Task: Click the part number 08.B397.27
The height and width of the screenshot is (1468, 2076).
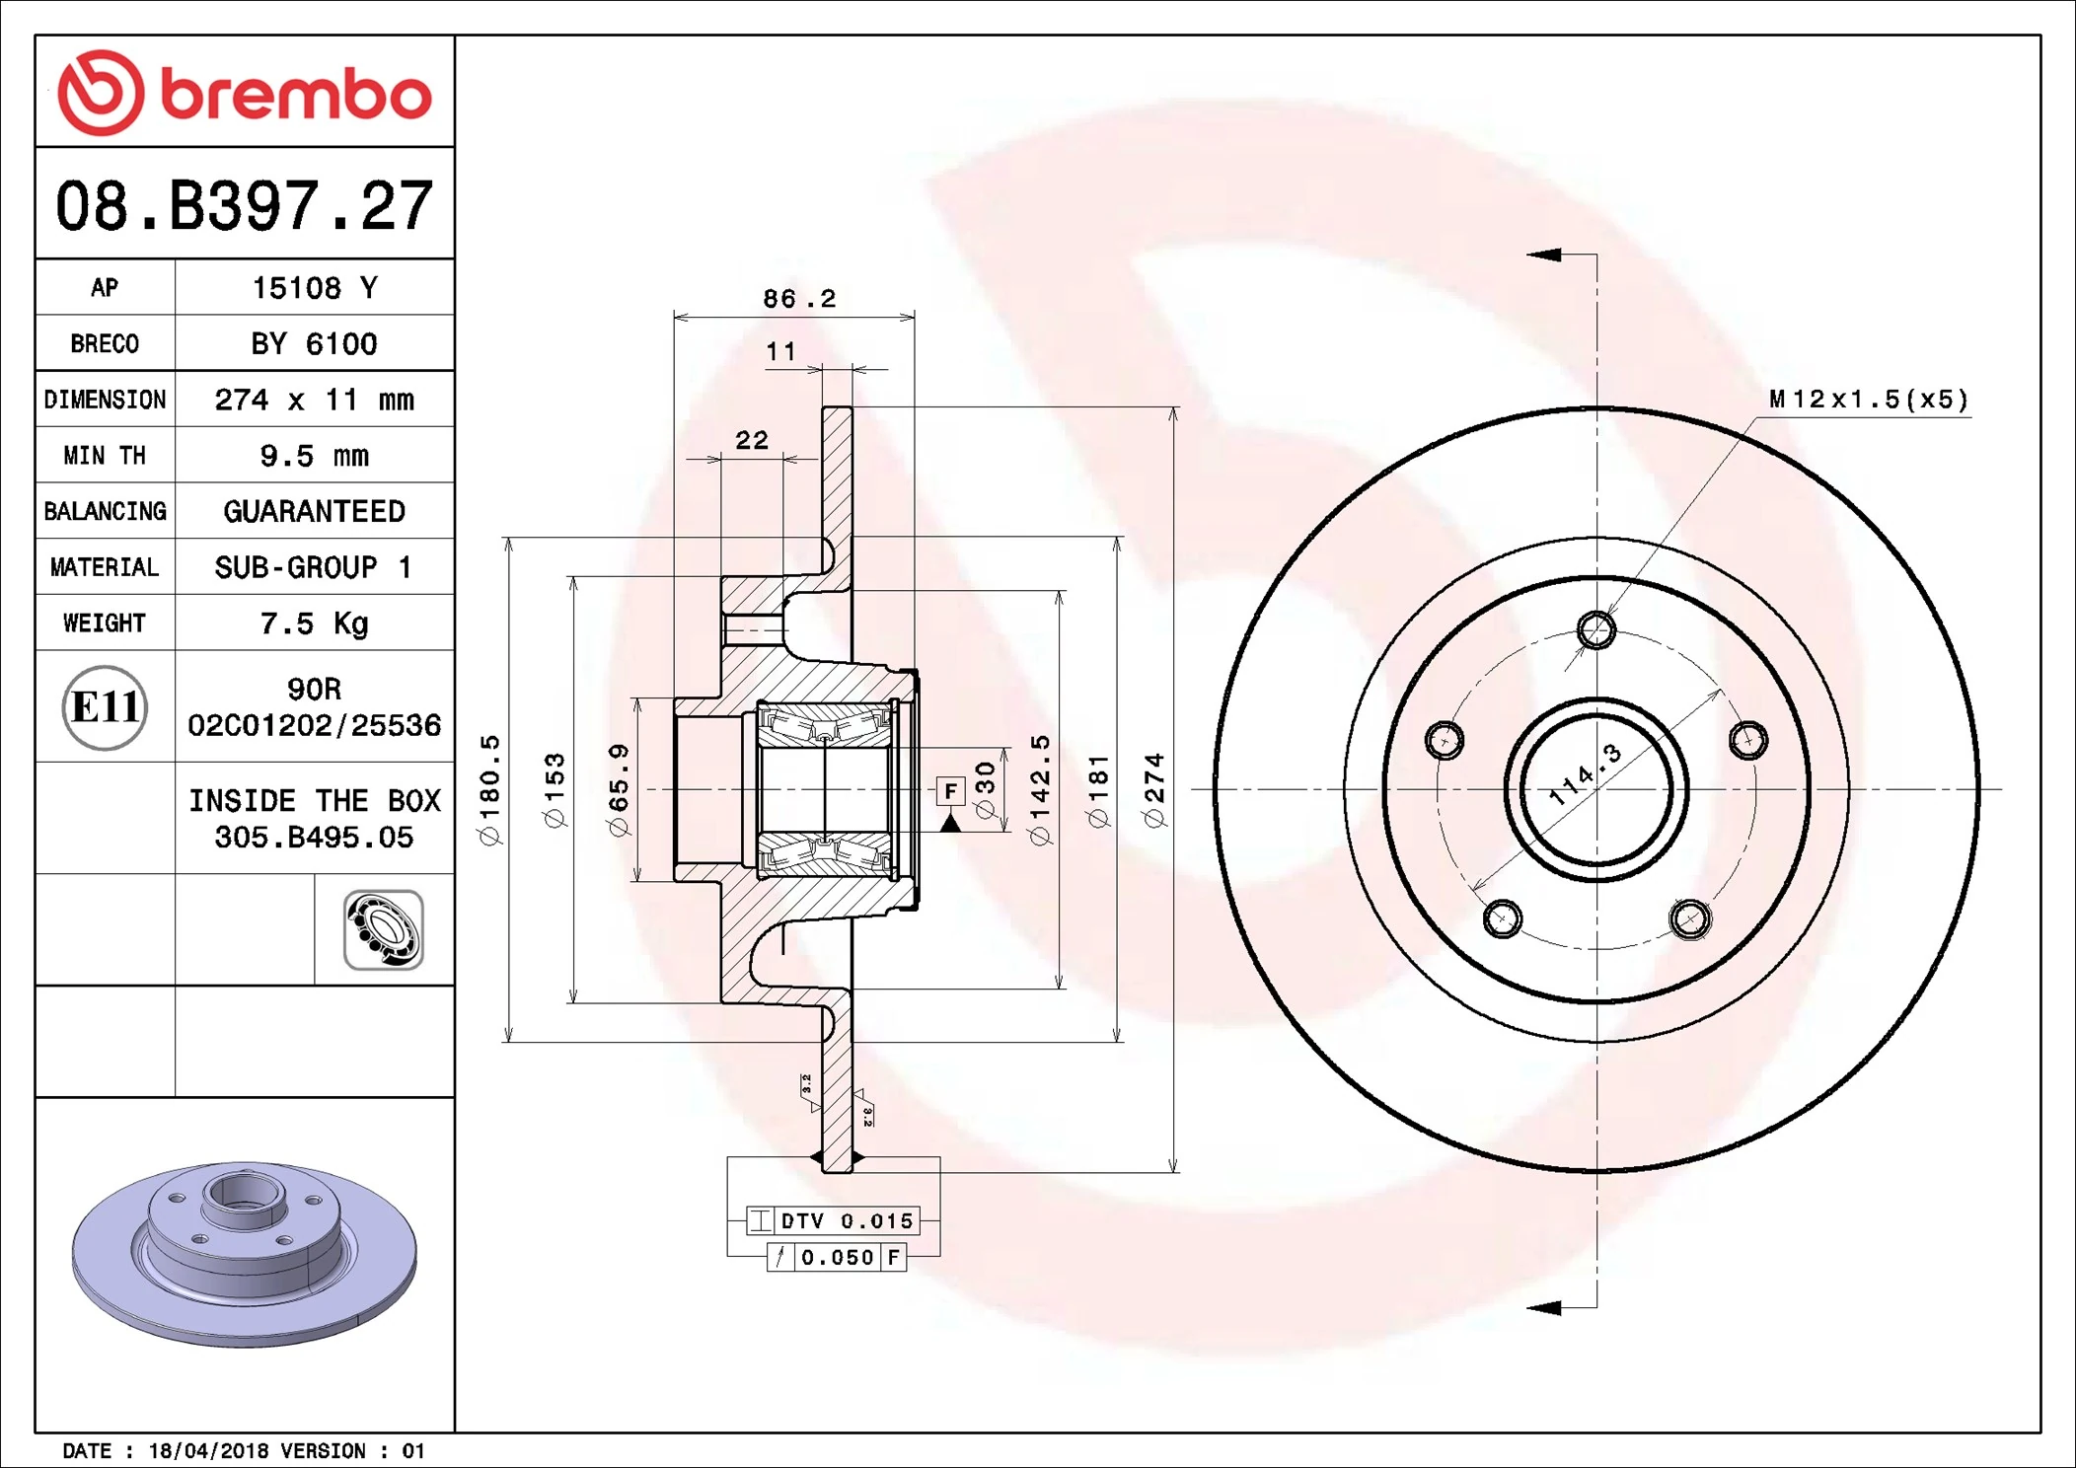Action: point(244,206)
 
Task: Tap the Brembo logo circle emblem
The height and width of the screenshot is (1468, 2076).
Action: point(101,93)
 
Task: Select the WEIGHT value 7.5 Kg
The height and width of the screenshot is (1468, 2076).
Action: point(314,623)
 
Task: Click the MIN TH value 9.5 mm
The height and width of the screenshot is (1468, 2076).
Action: point(314,455)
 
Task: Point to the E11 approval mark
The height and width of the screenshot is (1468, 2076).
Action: point(105,707)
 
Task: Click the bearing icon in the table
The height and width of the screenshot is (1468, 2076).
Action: point(384,930)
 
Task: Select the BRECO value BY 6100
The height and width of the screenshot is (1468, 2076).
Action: point(314,343)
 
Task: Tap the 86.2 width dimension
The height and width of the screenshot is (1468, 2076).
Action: point(799,298)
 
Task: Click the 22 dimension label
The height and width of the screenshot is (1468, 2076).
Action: point(752,440)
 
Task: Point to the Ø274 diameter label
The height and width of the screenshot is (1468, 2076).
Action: point(1154,790)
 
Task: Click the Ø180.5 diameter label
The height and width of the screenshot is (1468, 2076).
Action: point(490,790)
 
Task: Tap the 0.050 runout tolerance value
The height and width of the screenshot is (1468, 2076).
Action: point(837,1258)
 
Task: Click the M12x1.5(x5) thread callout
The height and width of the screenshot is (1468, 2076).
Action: point(1868,400)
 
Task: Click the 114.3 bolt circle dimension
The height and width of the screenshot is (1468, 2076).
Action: point(1585,775)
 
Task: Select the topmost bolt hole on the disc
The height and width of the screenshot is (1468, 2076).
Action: point(1596,629)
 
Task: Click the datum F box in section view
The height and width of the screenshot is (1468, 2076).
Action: point(950,790)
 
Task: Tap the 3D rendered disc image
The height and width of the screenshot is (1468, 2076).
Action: point(245,1253)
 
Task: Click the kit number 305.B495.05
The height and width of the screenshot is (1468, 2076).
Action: point(314,838)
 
